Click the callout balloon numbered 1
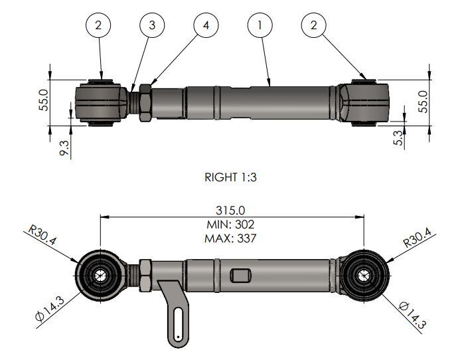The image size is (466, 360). click(260, 26)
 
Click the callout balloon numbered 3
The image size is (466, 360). click(152, 26)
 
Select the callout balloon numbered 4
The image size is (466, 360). click(206, 26)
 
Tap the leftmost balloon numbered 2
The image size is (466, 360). click(98, 26)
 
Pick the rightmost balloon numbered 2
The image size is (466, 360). click(313, 26)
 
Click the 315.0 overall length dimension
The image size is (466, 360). click(232, 211)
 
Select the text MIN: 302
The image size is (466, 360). click(232, 224)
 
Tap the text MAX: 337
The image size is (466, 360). click(232, 237)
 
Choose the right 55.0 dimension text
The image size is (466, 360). click(424, 101)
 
